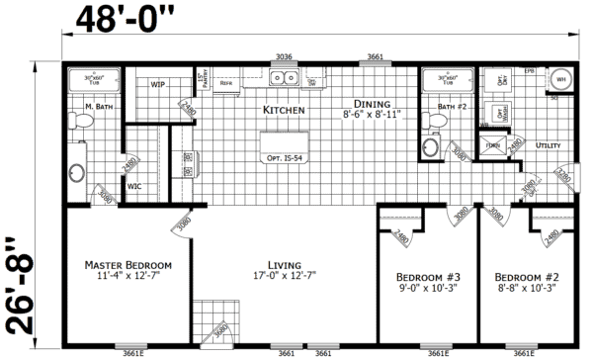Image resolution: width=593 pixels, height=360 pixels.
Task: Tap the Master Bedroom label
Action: [128, 265]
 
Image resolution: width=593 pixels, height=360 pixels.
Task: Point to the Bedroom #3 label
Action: [422, 275]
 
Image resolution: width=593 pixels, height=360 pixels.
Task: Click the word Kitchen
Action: [284, 110]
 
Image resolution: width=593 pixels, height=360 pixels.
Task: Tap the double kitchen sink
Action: [285, 78]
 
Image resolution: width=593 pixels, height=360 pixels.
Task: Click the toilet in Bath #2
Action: [430, 146]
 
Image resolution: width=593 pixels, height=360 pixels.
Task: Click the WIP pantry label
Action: [157, 84]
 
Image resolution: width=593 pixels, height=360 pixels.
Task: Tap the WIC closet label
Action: [134, 185]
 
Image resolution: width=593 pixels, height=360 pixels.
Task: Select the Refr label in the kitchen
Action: [225, 84]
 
